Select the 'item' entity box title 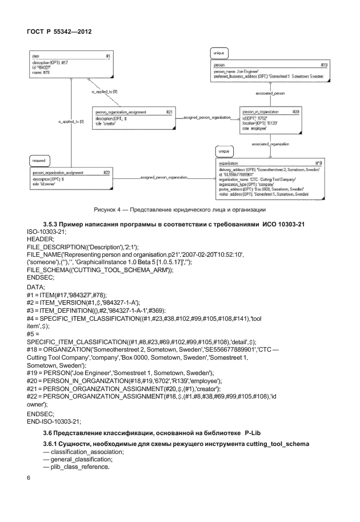pyautogui.click(x=35, y=57)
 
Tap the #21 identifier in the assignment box pyautogui.click(x=169, y=112)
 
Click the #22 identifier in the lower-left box pyautogui.click(x=106, y=172)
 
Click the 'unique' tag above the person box pyautogui.click(x=218, y=53)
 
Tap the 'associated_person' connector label pyautogui.click(x=270, y=91)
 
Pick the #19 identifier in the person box pyautogui.click(x=324, y=65)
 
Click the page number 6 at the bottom pyautogui.click(x=29, y=477)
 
